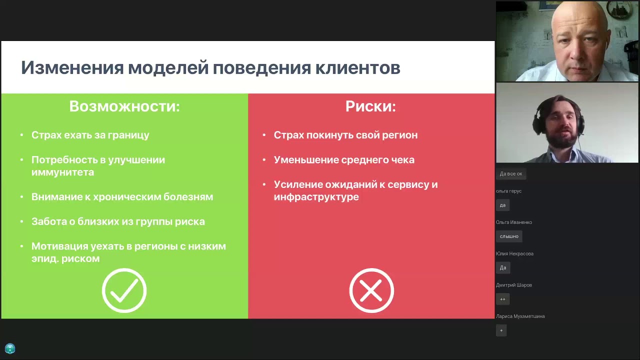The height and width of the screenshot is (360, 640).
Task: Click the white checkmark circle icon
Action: [124, 290]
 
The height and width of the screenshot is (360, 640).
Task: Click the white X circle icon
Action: [371, 290]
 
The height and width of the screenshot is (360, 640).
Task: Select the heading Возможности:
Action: [124, 106]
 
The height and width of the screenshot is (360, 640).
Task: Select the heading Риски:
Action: [370, 106]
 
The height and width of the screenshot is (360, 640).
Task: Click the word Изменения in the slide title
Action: [72, 67]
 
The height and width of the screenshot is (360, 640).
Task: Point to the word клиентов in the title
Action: [357, 67]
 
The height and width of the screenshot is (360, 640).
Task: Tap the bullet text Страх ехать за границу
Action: [90, 135]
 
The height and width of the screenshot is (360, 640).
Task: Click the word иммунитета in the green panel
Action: [62, 172]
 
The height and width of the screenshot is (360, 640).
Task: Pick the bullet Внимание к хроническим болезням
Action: [122, 197]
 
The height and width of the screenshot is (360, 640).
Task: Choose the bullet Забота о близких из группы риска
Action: [118, 221]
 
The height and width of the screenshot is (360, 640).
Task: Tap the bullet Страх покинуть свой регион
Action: [345, 135]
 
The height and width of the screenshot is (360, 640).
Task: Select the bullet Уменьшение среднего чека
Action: [344, 160]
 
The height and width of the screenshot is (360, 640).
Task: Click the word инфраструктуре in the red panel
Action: [316, 197]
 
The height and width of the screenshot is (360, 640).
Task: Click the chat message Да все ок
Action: [510, 174]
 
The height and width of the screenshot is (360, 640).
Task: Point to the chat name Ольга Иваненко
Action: [514, 222]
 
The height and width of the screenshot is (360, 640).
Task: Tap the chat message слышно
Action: [509, 236]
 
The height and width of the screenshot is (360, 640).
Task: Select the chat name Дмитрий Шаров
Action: [513, 285]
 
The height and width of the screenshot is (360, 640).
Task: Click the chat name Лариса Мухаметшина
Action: [520, 316]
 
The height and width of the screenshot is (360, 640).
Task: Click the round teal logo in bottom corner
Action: [10, 348]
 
